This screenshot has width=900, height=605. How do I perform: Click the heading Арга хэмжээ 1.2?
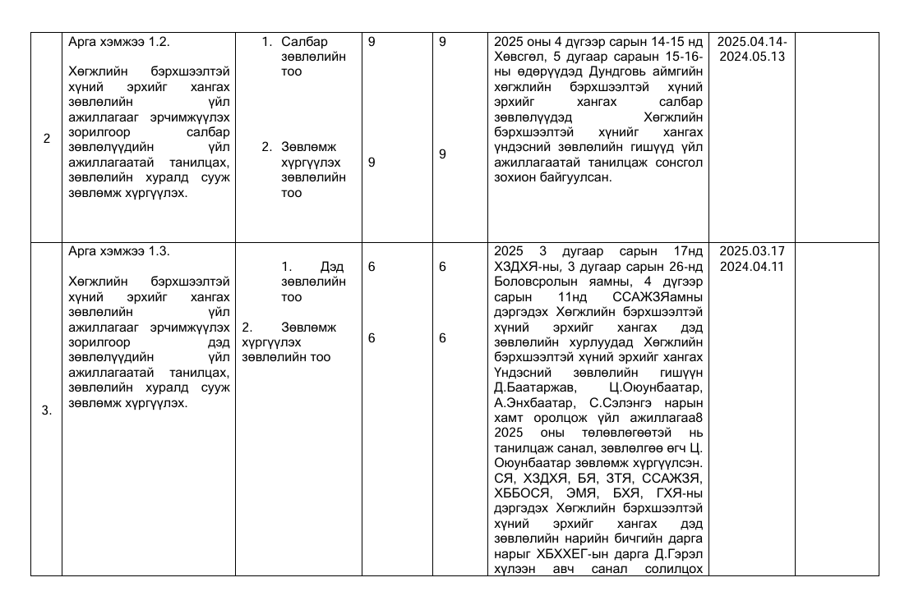pyautogui.click(x=119, y=42)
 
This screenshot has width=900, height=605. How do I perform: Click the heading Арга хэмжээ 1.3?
pyautogui.click(x=119, y=251)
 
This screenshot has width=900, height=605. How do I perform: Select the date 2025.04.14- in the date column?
pyautogui.click(x=752, y=42)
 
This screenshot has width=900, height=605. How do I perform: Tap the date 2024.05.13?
pyautogui.click(x=752, y=57)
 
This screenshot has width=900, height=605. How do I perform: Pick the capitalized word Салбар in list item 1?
pyautogui.click(x=304, y=42)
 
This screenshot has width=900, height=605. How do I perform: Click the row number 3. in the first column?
pyautogui.click(x=47, y=410)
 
